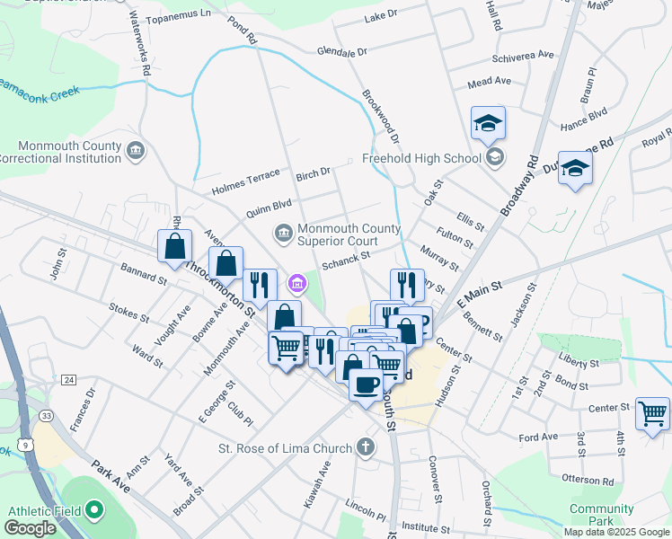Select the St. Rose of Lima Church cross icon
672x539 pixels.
[365, 446]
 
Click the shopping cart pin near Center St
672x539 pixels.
[652, 415]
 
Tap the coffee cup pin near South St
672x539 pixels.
[365, 384]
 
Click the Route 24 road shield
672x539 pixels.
[68, 380]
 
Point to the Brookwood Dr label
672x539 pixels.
[381, 117]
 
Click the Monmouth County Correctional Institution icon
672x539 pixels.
[136, 148]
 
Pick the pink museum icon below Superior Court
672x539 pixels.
[296, 285]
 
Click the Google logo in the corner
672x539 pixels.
[31, 528]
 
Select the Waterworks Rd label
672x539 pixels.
[140, 42]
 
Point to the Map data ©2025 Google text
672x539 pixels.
[615, 532]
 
